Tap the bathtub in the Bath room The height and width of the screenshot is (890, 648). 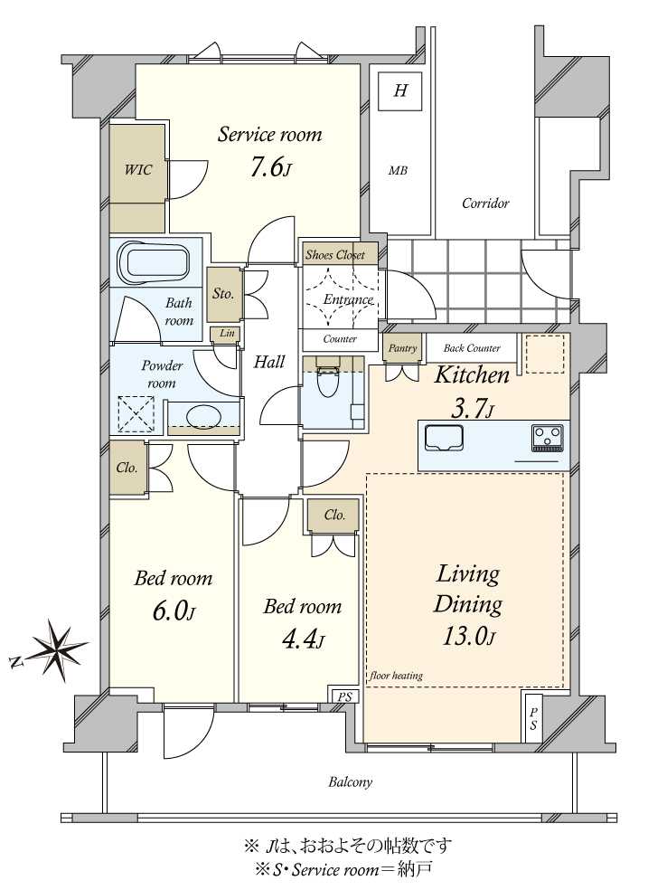pyautogui.click(x=156, y=263)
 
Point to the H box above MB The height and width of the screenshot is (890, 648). pyautogui.click(x=400, y=90)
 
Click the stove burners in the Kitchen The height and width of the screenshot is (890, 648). pyautogui.click(x=547, y=437)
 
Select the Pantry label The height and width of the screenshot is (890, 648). pyautogui.click(x=401, y=348)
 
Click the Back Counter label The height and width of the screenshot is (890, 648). pyautogui.click(x=472, y=348)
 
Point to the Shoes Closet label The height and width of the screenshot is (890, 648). pyautogui.click(x=335, y=255)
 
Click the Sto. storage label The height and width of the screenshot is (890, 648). pyautogui.click(x=223, y=294)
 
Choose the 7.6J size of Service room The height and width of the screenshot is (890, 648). pyautogui.click(x=270, y=168)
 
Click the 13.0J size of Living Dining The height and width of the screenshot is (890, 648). pyautogui.click(x=466, y=636)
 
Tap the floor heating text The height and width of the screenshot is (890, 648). pyautogui.click(x=396, y=676)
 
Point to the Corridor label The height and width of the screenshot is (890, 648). pyautogui.click(x=485, y=204)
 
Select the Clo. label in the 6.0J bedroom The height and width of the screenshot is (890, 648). pyautogui.click(x=127, y=469)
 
